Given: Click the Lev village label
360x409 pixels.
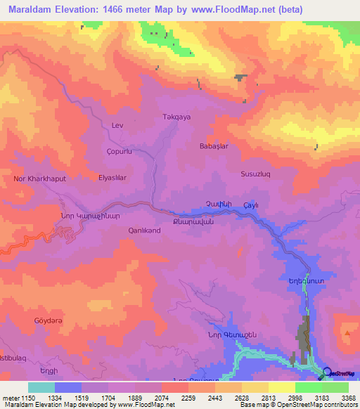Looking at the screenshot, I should (x=117, y=125).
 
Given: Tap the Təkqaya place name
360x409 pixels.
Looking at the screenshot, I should (x=177, y=117).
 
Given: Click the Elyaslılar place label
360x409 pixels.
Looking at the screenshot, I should (x=112, y=178).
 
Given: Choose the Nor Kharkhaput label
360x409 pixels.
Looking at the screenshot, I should (x=40, y=178).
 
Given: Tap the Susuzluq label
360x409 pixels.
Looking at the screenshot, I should (x=256, y=172).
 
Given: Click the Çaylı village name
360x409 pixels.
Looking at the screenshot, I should (x=252, y=204).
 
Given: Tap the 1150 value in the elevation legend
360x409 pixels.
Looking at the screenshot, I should (x=29, y=398).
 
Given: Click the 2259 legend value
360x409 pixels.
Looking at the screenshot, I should (x=188, y=398).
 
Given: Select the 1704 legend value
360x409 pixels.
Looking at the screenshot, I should (x=108, y=398).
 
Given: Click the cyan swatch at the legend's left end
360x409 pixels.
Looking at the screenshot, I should (x=41, y=387).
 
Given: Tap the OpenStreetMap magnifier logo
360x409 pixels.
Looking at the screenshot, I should (x=326, y=372).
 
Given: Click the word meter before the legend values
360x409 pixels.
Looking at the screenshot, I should (x=10, y=398).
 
